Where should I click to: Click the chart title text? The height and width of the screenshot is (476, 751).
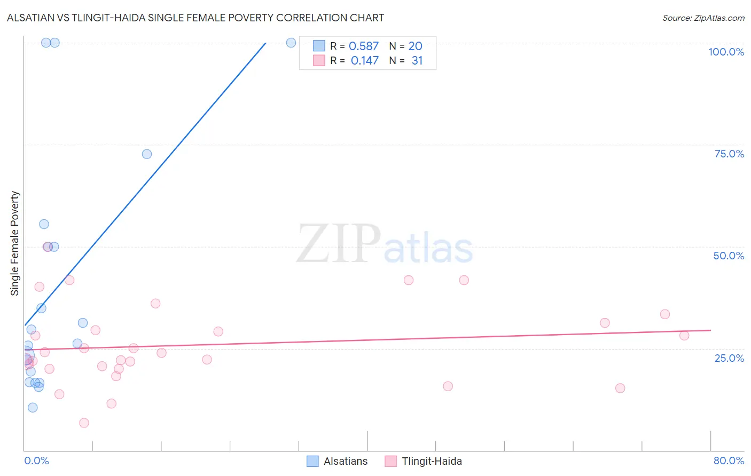click(195, 18)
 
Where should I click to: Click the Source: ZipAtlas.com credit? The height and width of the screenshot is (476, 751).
click(703, 18)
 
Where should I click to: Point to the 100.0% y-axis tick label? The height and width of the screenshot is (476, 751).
click(726, 52)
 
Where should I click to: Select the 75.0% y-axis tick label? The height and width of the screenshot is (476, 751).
click(729, 154)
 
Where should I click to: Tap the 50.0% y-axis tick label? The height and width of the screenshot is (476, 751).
click(729, 256)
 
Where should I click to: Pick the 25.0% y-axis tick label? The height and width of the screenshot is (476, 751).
click(729, 358)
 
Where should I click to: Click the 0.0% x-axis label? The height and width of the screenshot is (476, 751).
click(36, 461)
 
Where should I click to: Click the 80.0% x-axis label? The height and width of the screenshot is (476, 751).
click(729, 461)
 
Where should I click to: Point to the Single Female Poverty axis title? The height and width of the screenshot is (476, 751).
click(15, 243)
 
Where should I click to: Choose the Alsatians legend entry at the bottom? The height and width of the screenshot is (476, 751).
click(338, 461)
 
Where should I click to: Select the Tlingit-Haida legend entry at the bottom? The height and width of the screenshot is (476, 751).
click(424, 461)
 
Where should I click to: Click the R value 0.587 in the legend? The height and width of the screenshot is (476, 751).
click(363, 46)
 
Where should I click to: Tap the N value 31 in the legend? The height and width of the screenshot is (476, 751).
click(417, 61)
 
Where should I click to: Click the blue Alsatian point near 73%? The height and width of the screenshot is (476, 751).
click(147, 154)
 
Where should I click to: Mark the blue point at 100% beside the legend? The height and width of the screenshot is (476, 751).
click(291, 43)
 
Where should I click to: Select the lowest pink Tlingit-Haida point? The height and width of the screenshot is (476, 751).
click(84, 423)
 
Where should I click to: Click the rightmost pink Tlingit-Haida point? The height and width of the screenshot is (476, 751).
click(684, 336)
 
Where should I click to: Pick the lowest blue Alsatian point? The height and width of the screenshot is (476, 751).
click(33, 408)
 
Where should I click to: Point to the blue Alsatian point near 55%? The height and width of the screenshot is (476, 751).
click(44, 224)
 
